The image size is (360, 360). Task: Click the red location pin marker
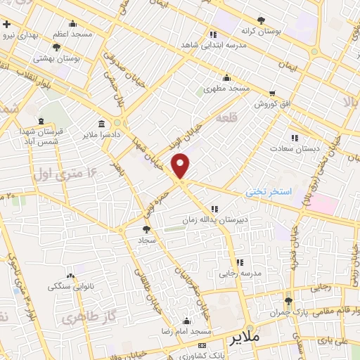[181, 165]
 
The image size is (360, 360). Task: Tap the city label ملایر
[245, 338]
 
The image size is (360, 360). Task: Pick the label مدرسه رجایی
[240, 273]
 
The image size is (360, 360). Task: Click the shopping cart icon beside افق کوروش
[272, 93]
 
